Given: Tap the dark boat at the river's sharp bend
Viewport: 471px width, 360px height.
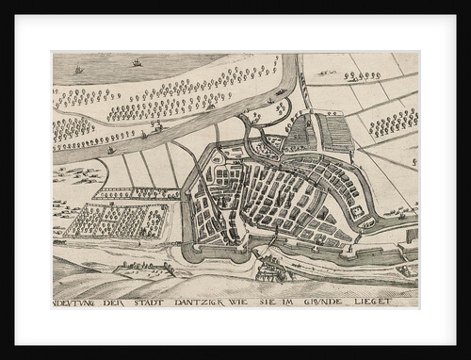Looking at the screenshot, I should (282, 91).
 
